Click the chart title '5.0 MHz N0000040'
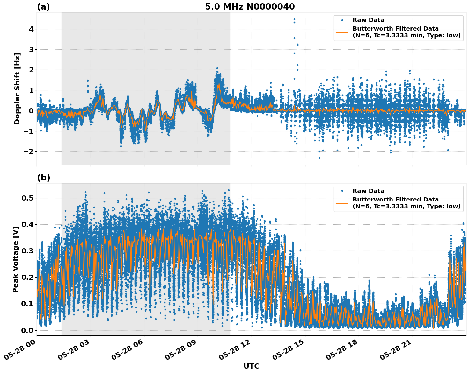[x=250, y=7]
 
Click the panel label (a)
[x=43, y=7]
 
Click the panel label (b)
[x=43, y=178]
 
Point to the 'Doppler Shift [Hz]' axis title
[x=17, y=88]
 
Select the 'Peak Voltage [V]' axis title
[x=16, y=259]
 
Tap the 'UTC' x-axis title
[x=251, y=366]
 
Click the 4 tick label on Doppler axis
[x=31, y=29]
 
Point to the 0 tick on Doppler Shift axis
[x=31, y=111]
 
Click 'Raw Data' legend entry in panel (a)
[x=368, y=20]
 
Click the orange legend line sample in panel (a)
[x=342, y=32]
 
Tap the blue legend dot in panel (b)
[x=342, y=191]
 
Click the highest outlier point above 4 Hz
[x=294, y=19]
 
